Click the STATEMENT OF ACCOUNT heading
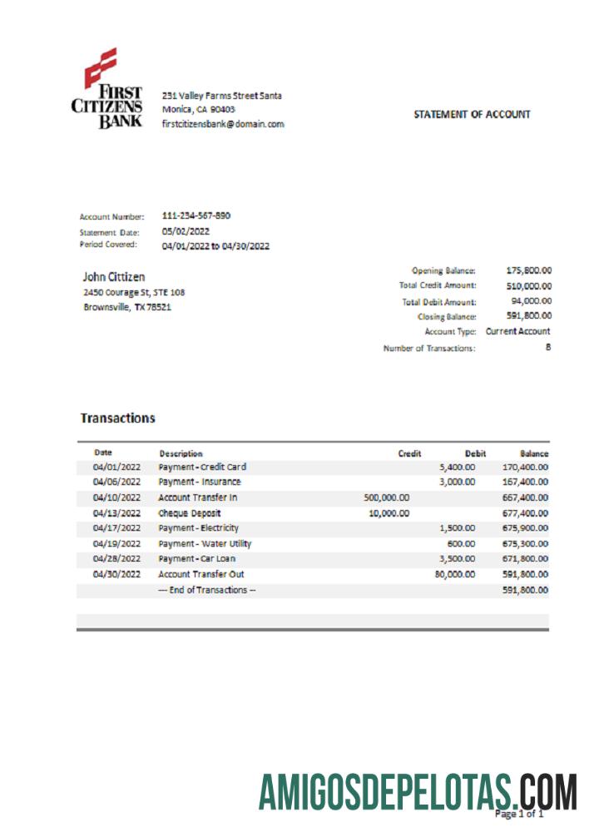tap(472, 115)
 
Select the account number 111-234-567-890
tap(196, 216)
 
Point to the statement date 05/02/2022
tap(186, 232)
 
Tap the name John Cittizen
tap(115, 276)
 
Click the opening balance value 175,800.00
tap(529, 270)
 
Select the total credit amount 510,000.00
tap(529, 285)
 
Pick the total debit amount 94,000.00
tap(532, 301)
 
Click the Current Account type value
tap(518, 331)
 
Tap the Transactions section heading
tap(117, 418)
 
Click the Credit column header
tap(409, 453)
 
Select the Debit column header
tap(475, 453)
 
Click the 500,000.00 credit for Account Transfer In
tap(387, 498)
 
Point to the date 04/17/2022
tap(116, 528)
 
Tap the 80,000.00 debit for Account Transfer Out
tap(454, 574)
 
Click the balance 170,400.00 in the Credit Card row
tap(525, 467)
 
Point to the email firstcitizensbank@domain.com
tap(223, 124)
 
